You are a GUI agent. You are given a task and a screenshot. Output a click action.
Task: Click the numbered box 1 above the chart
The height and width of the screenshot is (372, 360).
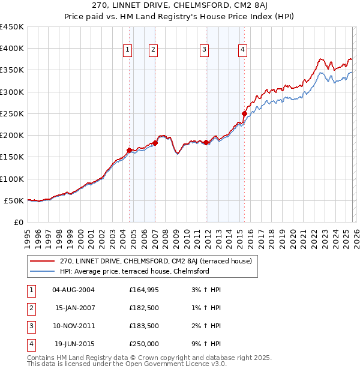(x=128, y=50)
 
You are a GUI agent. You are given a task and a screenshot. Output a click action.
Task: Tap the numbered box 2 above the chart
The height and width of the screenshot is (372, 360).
(x=154, y=50)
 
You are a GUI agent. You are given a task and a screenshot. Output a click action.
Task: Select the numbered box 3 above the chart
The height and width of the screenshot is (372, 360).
(x=205, y=50)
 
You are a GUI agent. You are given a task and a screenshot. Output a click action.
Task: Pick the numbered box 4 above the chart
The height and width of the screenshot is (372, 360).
(x=242, y=50)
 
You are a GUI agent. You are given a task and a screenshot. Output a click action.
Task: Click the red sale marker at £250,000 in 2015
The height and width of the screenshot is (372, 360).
(x=244, y=113)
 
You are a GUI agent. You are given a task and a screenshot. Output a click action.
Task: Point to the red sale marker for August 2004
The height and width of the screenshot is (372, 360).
(x=129, y=150)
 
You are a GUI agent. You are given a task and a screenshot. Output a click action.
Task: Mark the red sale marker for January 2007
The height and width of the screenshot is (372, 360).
(x=155, y=143)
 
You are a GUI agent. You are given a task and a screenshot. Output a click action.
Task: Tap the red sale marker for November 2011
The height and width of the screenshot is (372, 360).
(x=206, y=142)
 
